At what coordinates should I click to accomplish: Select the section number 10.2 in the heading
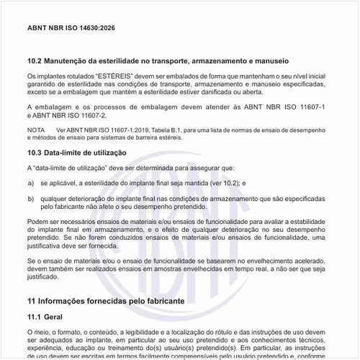coord(34,61)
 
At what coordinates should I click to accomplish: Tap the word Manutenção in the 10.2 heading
coord(71,61)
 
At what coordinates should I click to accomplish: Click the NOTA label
coord(35,130)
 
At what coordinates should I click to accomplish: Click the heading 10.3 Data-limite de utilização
coord(76,153)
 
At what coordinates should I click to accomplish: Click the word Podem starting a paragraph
coord(37,221)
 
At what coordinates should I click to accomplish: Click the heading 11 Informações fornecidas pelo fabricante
coord(106,299)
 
